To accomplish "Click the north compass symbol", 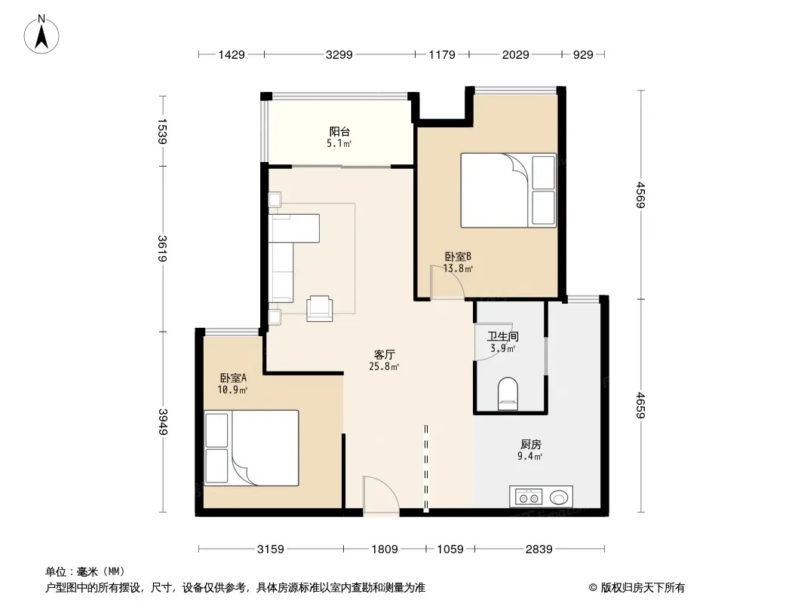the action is (x=41, y=35).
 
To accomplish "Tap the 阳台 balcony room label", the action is (x=339, y=132).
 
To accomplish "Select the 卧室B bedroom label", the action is (x=457, y=256).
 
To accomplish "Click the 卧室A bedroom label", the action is (x=233, y=378).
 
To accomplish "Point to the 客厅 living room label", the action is (x=384, y=354).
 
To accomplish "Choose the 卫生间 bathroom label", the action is (x=502, y=337).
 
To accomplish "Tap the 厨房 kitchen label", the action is (x=531, y=444).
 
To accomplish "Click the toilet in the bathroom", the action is (x=508, y=394).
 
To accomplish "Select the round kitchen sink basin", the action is (x=559, y=497).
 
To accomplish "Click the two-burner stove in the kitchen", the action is (x=529, y=497).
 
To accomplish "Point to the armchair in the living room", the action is (x=320, y=308).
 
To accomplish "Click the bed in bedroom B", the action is (x=508, y=190).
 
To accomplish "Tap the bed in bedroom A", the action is (x=251, y=448).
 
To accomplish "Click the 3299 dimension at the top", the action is (x=339, y=54).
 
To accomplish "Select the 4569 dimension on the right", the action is (x=640, y=194).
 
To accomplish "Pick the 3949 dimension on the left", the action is (x=163, y=421).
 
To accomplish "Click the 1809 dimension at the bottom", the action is (x=385, y=549).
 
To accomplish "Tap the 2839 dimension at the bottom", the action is (x=539, y=549).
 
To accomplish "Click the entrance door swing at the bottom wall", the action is (x=381, y=495).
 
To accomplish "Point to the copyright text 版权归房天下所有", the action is (x=643, y=588).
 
